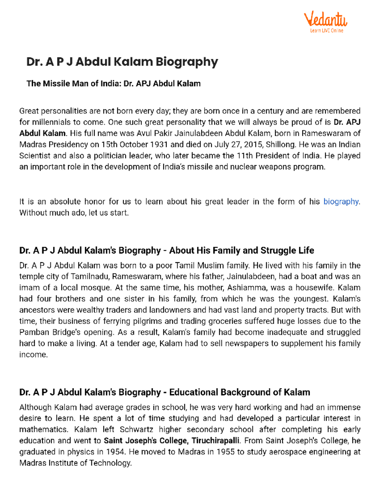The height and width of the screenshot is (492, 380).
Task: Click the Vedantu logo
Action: point(326,20)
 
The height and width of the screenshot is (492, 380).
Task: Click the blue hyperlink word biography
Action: point(341,202)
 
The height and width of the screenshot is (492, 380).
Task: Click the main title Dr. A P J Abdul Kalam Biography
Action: point(122,62)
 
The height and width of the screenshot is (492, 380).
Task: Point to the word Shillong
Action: point(280,145)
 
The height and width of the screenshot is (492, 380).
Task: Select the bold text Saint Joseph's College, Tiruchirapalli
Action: point(171,441)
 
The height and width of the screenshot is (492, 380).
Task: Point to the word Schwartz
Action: point(136,430)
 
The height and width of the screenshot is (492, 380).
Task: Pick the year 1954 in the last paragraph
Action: point(115,452)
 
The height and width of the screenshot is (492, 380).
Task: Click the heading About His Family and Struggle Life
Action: point(241,251)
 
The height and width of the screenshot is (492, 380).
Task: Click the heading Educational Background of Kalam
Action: point(239,393)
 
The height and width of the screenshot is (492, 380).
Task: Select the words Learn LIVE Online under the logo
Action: point(326,31)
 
